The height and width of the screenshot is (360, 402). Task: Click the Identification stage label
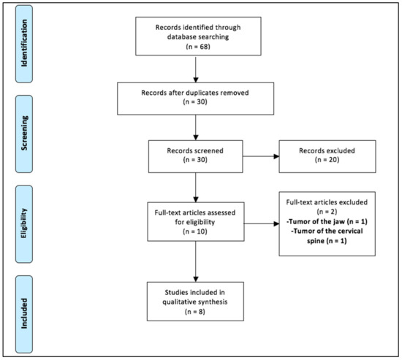click(x=28, y=42)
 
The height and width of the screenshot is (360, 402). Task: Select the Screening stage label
click(x=28, y=135)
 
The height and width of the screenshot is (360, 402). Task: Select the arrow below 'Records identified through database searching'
click(x=195, y=71)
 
